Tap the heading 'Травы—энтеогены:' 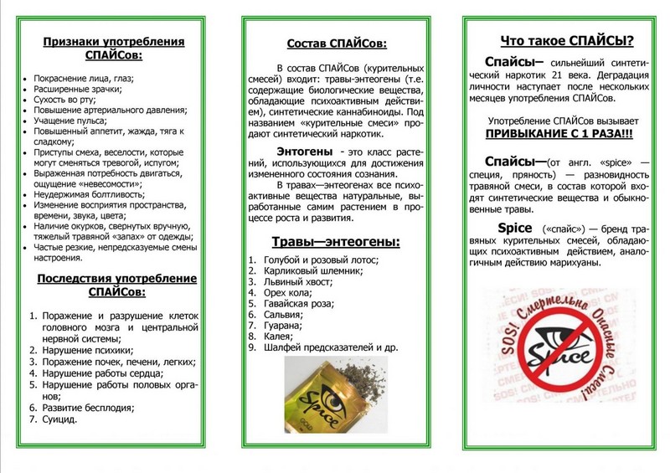pyautogui.click(x=336, y=243)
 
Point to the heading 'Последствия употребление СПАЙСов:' pyautogui.click(x=115, y=285)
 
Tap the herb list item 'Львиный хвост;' pyautogui.click(x=296, y=283)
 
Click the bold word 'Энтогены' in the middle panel pyautogui.click(x=299, y=150)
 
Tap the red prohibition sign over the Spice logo pyautogui.click(x=566, y=348)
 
